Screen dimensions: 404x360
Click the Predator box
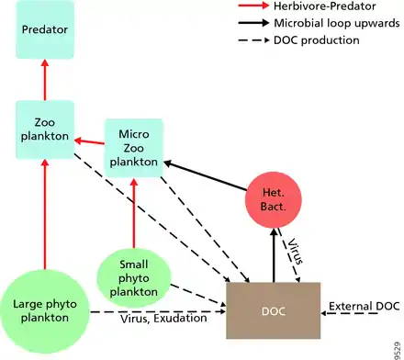click(x=45, y=29)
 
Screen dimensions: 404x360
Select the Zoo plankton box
click(x=45, y=129)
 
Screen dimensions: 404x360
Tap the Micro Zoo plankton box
click(x=134, y=148)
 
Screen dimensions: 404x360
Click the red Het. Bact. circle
click(x=274, y=200)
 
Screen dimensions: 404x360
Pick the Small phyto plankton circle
click(x=134, y=278)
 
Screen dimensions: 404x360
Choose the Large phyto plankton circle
click(x=45, y=311)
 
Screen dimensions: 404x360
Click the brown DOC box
click(x=274, y=310)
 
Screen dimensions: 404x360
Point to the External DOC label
click(x=365, y=306)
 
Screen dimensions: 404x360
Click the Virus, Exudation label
click(x=163, y=319)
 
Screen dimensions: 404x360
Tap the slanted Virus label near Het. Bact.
click(x=295, y=252)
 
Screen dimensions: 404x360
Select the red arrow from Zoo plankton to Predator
click(x=45, y=80)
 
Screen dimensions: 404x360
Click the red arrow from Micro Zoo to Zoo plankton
click(x=89, y=141)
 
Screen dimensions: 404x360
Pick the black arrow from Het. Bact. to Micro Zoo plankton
click(x=205, y=175)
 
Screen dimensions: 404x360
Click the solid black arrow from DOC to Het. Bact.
click(x=274, y=255)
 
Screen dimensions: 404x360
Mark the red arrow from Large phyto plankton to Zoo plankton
click(x=45, y=214)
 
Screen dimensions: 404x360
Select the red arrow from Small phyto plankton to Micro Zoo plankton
click(x=134, y=213)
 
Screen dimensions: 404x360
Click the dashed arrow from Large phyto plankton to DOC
click(x=158, y=312)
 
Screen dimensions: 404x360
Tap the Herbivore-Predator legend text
click(x=325, y=6)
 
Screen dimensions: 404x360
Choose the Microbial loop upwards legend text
click(x=337, y=23)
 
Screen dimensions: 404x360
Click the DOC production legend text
click(x=317, y=40)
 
